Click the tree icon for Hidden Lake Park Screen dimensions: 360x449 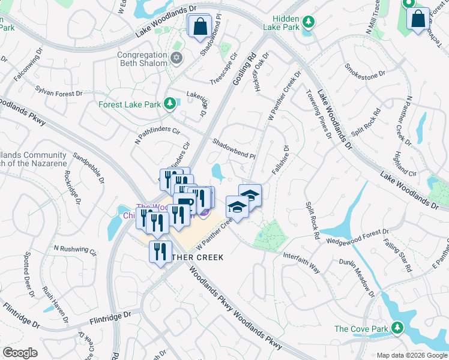tap(309, 22)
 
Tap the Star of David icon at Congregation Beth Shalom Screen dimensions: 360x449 tap(176, 58)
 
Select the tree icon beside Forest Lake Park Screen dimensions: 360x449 tap(170, 104)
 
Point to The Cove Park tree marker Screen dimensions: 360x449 tap(396, 328)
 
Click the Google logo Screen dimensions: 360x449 tap(20, 353)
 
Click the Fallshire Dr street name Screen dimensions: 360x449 tap(280, 160)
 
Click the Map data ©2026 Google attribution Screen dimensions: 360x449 tap(411, 355)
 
